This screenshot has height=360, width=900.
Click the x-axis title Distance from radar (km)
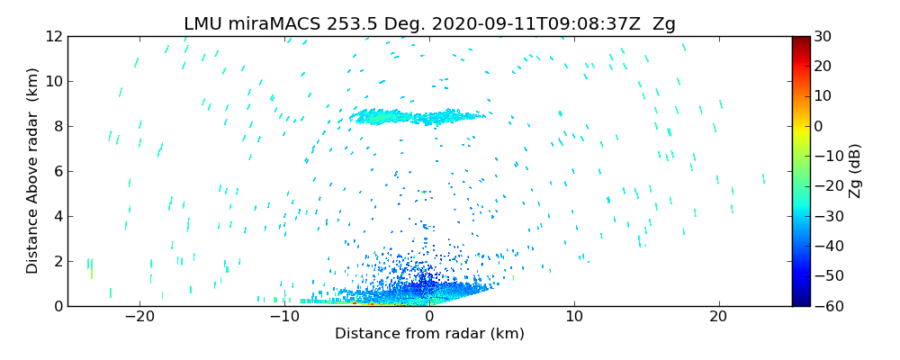(x=429, y=334)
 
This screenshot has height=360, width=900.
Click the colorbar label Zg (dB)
(x=854, y=171)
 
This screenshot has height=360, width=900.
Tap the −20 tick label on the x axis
(x=139, y=317)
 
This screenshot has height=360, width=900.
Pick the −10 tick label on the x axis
(x=284, y=317)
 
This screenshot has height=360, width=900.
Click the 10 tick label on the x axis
(x=574, y=317)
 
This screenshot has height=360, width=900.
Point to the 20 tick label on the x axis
(x=718, y=317)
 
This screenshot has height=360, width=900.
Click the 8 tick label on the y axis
(x=58, y=126)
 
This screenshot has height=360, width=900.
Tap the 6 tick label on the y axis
(x=58, y=171)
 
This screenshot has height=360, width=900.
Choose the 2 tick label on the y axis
(x=58, y=261)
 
